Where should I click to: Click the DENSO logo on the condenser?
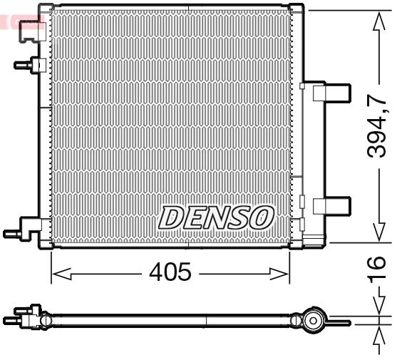pyautogui.click(x=216, y=217)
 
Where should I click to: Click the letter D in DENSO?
pyautogui.click(x=172, y=217)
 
